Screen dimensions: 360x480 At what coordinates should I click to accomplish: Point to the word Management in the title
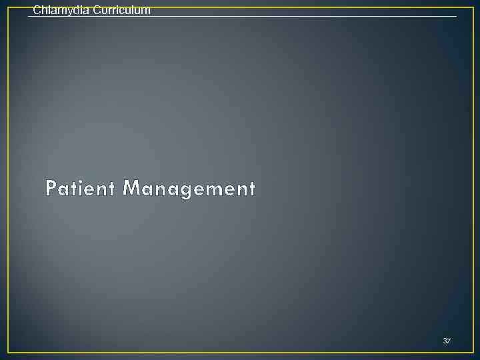[189, 189]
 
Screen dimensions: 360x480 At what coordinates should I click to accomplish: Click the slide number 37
[447, 341]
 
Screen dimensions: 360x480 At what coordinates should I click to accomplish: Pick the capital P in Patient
[51, 189]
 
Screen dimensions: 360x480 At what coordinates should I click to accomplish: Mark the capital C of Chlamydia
[36, 10]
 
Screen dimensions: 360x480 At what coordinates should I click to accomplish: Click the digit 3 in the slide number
[445, 341]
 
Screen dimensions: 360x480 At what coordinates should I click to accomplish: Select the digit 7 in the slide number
[449, 341]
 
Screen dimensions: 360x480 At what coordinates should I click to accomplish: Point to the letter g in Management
[185, 191]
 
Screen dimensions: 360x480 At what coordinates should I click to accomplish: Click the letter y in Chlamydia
[65, 11]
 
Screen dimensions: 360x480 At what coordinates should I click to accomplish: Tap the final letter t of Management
[251, 189]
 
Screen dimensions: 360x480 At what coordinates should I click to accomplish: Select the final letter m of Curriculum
[146, 11]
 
